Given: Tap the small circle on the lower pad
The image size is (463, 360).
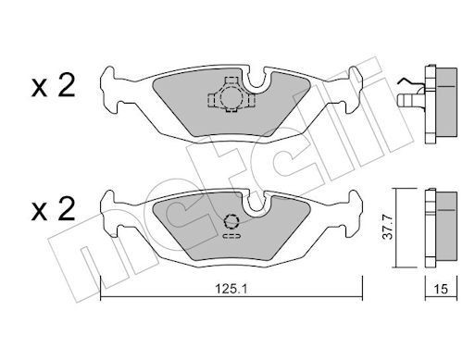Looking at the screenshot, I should (232, 221).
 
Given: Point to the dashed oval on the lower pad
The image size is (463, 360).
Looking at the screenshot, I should (231, 237).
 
